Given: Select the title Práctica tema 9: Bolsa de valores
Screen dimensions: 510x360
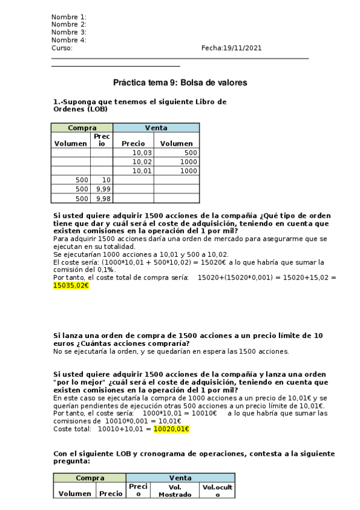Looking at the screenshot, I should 180,82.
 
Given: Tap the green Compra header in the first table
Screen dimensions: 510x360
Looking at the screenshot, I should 82,128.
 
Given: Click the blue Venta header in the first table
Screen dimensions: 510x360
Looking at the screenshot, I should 156,128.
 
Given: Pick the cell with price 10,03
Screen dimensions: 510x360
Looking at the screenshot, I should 142,153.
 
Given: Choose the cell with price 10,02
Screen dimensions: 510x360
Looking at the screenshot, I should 142,162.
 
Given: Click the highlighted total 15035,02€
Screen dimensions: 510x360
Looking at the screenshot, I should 71,286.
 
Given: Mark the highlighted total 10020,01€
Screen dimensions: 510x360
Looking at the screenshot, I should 171,429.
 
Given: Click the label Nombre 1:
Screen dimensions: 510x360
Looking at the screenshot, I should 69,17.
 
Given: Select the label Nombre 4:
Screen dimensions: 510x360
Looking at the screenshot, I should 69,40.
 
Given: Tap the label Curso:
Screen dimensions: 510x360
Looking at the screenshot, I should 62,48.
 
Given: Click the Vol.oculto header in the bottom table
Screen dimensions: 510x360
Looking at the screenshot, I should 217,490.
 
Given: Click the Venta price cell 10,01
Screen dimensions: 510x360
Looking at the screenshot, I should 142,171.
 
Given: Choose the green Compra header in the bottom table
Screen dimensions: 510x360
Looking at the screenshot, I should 89,478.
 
